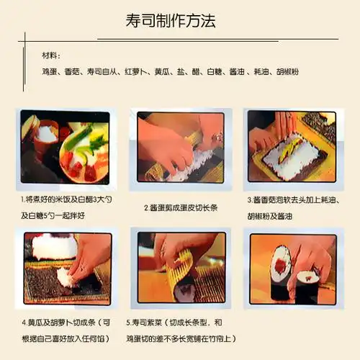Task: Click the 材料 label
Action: [x=52, y=55]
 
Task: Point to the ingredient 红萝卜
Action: [x=136, y=71]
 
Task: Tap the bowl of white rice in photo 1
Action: [x=48, y=133]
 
